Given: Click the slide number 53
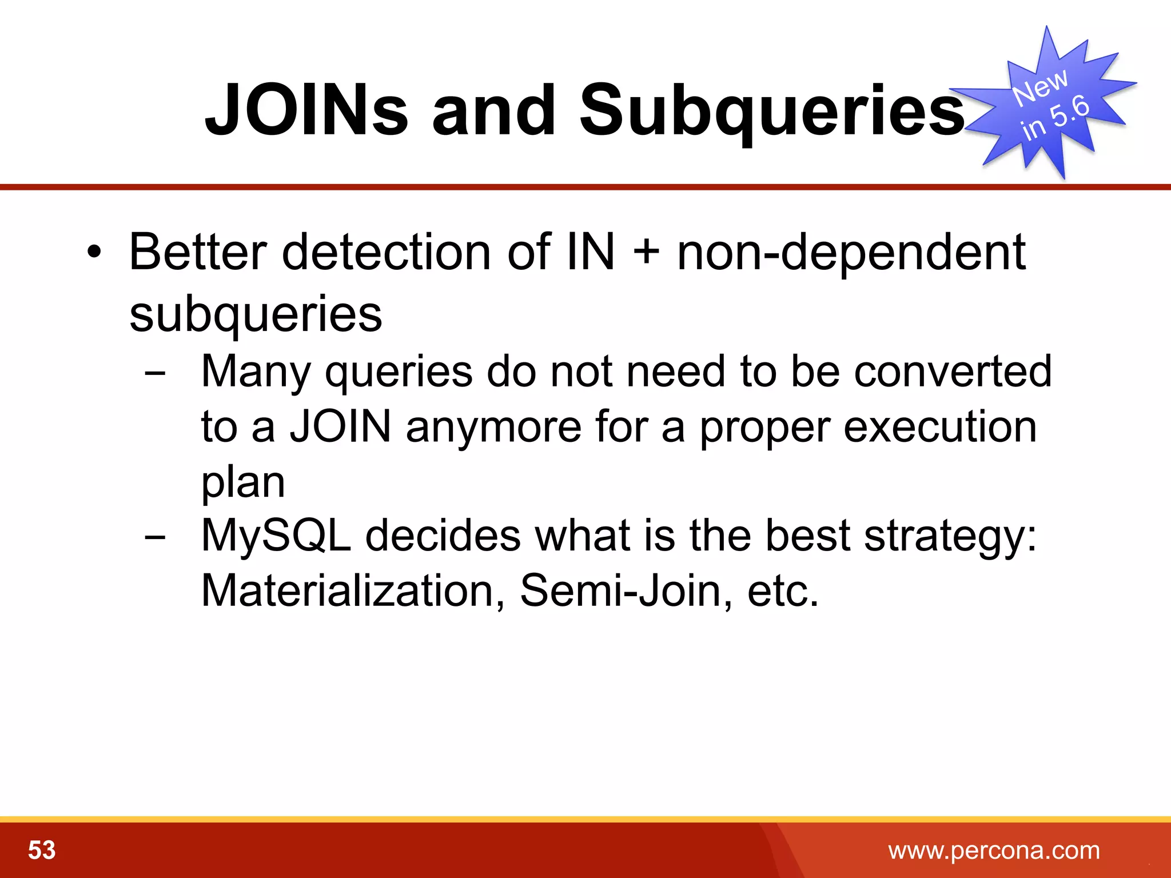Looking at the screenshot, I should coord(42,850).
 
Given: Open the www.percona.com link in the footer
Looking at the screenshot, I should coord(994,851).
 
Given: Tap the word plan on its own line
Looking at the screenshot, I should coord(243,483).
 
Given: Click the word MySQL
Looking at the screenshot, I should coord(276,536).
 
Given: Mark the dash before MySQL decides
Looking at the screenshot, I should coord(155,537).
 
